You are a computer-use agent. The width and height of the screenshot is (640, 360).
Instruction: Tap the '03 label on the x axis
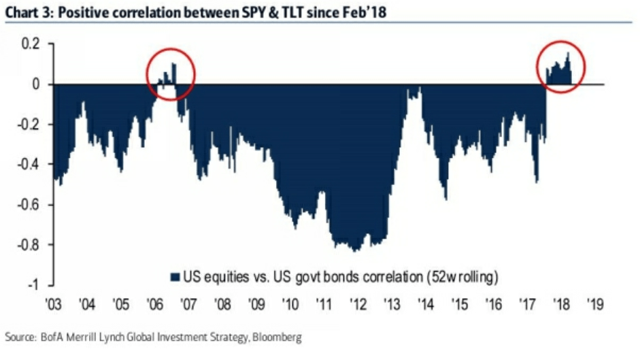pos(52,303)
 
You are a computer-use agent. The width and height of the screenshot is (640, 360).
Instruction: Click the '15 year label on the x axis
pos(460,303)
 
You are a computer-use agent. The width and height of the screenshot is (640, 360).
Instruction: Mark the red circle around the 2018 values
pos(562,66)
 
